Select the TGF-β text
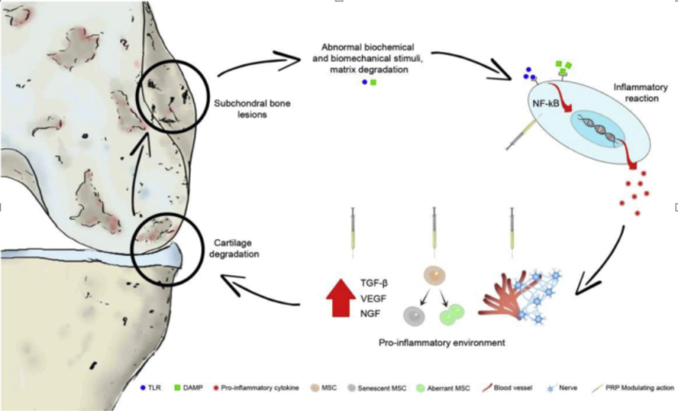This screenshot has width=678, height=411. (x=373, y=284)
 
